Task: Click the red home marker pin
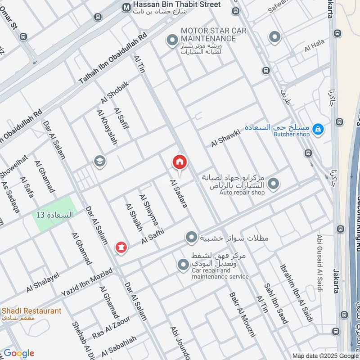[179, 162]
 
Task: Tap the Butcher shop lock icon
[318, 130]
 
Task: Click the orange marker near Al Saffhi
[121, 247]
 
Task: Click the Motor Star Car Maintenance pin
[171, 41]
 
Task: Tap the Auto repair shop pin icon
[273, 184]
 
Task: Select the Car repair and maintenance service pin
[183, 265]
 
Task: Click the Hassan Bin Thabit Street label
[177, 4]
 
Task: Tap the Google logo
[19, 353]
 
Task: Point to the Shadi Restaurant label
[31, 311]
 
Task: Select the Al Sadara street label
[178, 193]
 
